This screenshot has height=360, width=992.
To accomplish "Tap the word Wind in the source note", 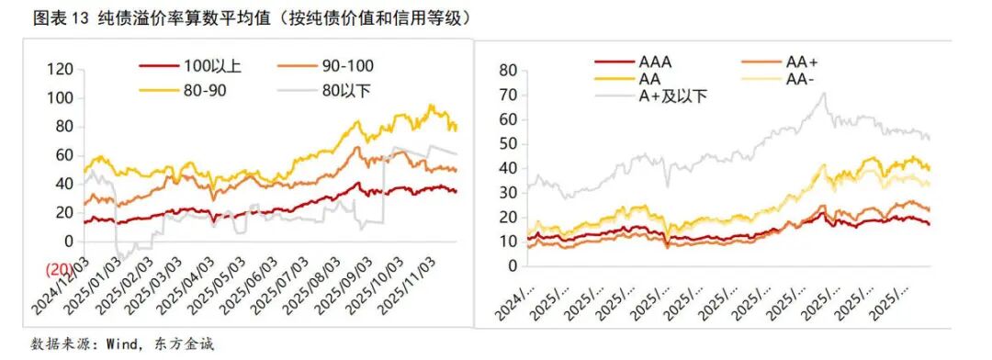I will (125, 344).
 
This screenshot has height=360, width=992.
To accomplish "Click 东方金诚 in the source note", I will (189, 344).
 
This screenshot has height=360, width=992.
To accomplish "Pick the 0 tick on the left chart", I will (67, 241).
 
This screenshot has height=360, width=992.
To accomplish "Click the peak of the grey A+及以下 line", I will (822, 93).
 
